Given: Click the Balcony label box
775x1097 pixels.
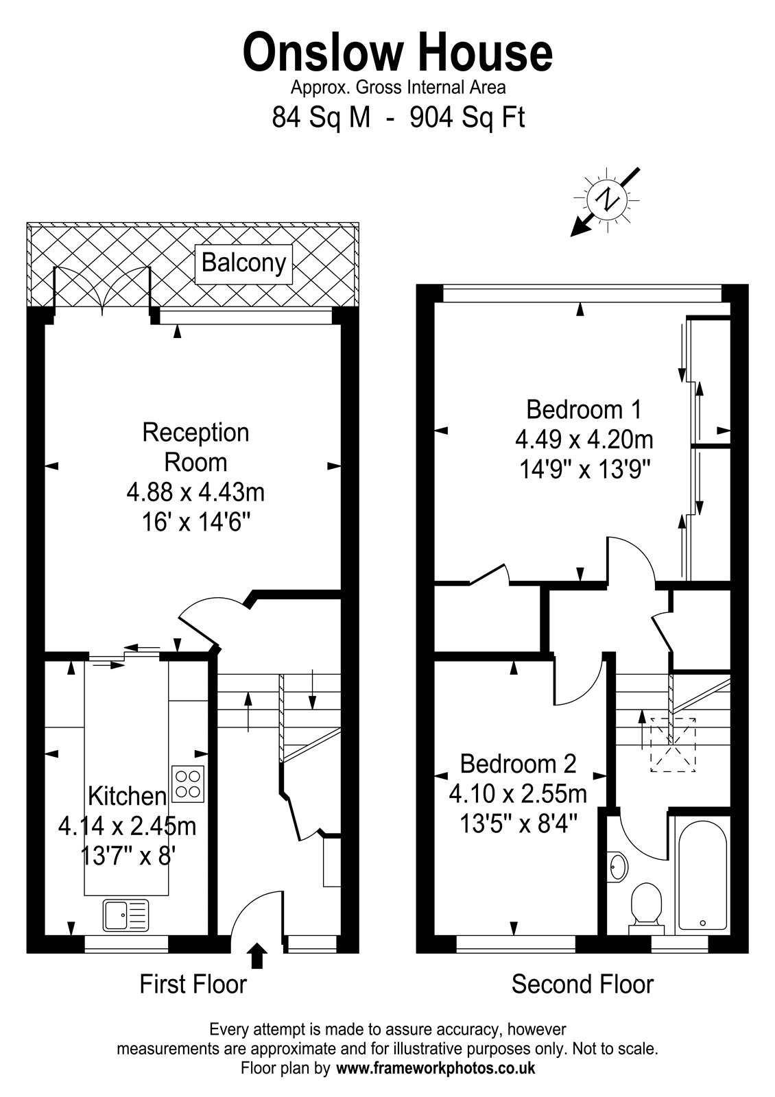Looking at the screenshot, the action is point(243,264).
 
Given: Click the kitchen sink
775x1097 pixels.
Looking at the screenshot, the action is point(126,915).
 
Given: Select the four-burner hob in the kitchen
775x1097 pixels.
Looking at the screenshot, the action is point(188,784).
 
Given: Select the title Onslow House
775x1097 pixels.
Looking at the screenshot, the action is point(398,52).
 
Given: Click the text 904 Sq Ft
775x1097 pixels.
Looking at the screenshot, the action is point(467,117).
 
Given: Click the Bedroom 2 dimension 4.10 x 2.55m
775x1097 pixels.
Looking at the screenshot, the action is point(518,794).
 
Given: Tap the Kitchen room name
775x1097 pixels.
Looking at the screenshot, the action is point(128,796).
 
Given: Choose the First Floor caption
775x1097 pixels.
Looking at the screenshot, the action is point(193,985).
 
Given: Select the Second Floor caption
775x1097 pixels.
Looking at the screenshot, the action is point(582,985).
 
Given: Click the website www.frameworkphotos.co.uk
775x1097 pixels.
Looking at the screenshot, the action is point(436,1068).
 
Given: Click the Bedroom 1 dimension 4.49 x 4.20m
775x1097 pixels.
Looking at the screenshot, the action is point(584,439).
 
